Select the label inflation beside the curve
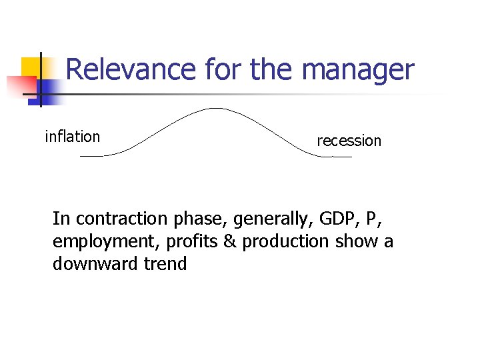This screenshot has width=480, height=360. coord(72,137)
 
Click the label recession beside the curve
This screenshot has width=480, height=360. coord(349,141)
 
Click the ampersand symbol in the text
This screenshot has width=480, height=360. coord(229,241)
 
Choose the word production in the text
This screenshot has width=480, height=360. coord(286,241)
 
